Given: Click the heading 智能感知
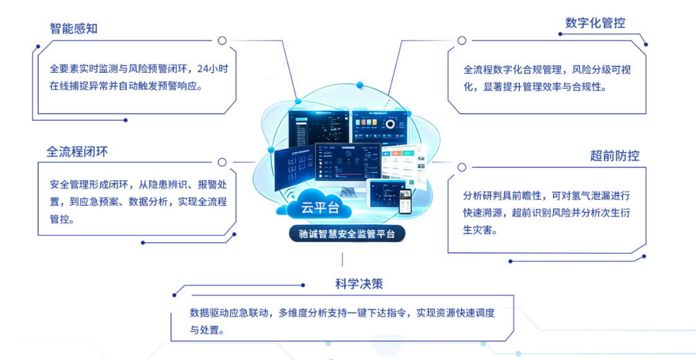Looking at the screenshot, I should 74,29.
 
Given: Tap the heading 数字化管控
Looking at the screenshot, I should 595,23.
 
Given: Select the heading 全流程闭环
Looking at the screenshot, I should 77,152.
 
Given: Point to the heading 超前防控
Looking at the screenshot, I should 614,156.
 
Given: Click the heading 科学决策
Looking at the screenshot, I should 358,284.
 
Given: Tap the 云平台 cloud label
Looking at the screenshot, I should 318,207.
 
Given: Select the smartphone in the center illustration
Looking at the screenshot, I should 405,202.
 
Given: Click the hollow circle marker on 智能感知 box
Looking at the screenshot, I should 222,41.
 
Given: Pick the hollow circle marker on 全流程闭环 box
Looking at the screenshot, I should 222,162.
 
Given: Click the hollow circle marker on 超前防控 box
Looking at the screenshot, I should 461,167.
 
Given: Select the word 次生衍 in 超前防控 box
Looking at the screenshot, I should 615,213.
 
